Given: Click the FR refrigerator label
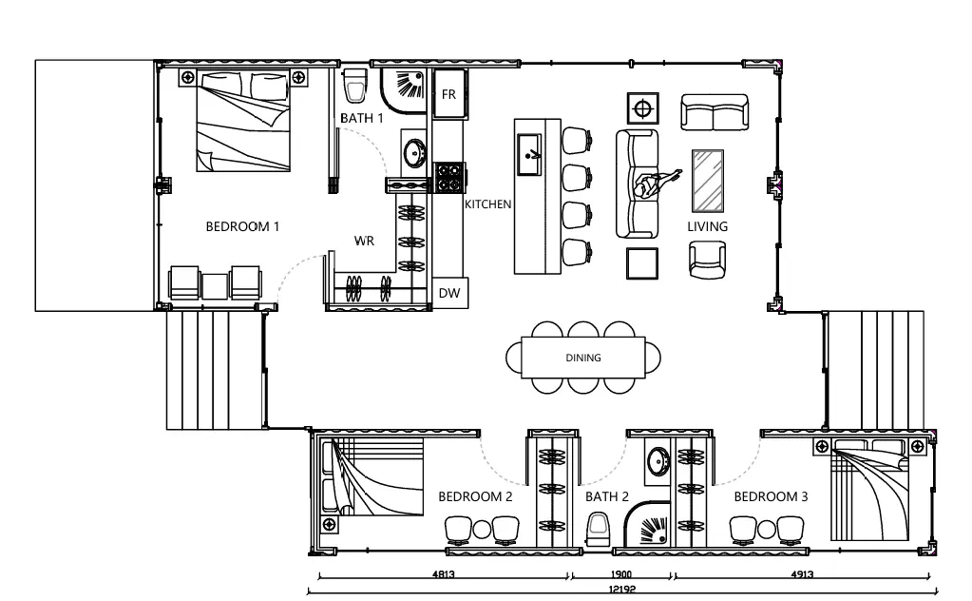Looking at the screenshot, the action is tap(448, 95).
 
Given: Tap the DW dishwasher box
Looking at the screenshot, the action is tap(449, 293).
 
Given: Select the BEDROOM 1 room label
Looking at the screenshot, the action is tap(242, 227).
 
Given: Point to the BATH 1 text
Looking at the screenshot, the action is tap(362, 118).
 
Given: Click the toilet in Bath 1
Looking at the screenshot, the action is tap(354, 86).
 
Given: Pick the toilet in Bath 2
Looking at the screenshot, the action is tap(598, 530).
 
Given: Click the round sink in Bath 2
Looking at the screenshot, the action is tap(658, 461).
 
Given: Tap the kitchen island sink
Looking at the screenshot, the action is tap(529, 154).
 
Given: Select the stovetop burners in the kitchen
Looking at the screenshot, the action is tap(448, 177).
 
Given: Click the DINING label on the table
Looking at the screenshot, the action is tap(583, 358).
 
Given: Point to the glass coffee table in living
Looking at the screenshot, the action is tap(707, 181).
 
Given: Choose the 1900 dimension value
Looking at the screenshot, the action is tap(620, 574).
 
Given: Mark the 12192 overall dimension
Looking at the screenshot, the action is tap(621, 590).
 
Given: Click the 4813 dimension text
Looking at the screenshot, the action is tap(443, 574).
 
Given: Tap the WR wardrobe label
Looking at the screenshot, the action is tap(365, 241).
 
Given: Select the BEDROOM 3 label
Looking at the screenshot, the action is tap(771, 496).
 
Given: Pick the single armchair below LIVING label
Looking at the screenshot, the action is tap(707, 260).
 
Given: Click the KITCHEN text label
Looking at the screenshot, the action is tap(487, 204).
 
